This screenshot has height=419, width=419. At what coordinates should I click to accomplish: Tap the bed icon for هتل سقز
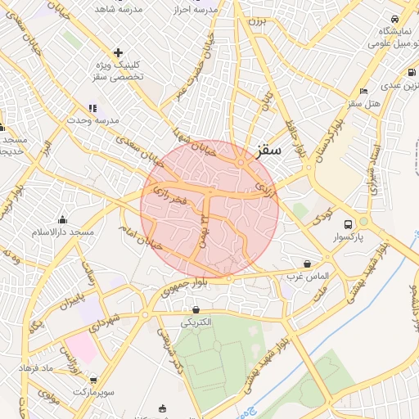tap(363, 91)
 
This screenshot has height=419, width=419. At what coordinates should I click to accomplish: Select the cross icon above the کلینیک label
tap(119, 52)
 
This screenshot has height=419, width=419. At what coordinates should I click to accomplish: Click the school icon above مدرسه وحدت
tap(92, 107)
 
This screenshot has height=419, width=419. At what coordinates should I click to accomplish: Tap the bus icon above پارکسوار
tap(349, 223)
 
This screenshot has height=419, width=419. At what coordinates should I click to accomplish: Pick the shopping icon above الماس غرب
tap(307, 264)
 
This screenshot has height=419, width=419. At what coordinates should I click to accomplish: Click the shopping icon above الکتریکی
tap(196, 309)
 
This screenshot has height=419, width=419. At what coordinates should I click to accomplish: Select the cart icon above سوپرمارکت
tap(95, 380)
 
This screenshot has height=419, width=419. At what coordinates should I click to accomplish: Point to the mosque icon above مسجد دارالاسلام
tap(62, 219)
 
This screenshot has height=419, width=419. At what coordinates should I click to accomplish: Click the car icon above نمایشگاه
tap(394, 20)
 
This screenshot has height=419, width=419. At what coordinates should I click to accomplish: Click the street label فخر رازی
tap(169, 195)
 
